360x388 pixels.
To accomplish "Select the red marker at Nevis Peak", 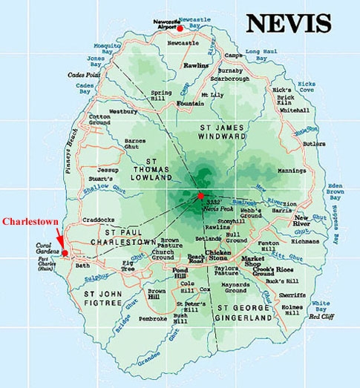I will [x=200, y=195].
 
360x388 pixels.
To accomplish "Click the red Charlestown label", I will [x=30, y=221].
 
